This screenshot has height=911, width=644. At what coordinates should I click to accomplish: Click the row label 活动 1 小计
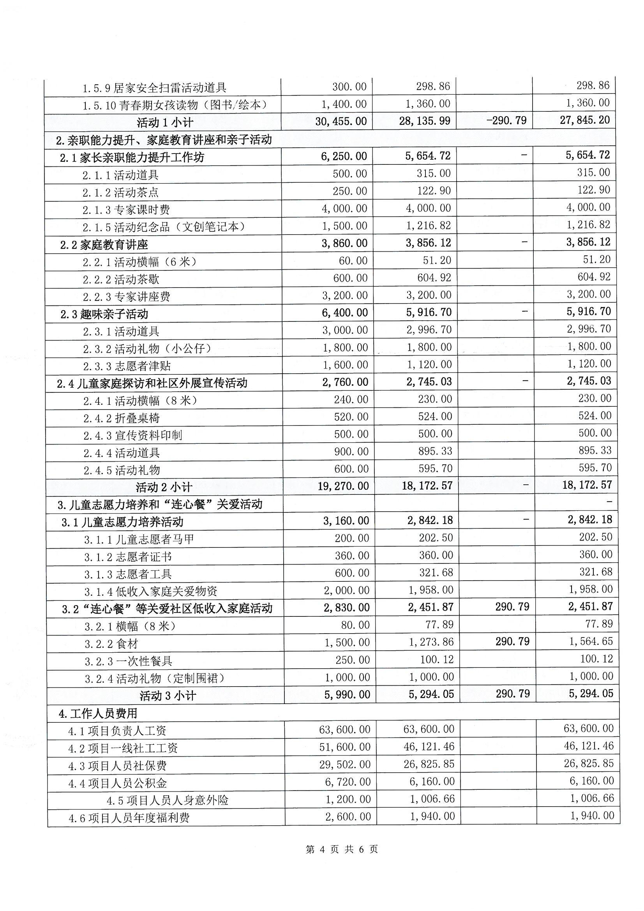[165, 122]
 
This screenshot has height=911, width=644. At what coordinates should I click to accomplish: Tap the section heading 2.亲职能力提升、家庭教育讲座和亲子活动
[164, 139]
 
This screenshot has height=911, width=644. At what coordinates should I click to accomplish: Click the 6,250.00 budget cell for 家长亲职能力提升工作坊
[344, 156]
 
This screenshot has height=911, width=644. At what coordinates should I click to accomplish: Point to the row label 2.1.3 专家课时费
[126, 210]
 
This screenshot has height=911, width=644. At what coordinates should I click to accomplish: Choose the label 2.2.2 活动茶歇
[121, 279]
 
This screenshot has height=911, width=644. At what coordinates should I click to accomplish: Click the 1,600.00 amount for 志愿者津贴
[346, 365]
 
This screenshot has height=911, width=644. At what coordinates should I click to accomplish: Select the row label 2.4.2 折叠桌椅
[122, 418]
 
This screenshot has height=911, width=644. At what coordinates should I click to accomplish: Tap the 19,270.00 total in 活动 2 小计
[343, 486]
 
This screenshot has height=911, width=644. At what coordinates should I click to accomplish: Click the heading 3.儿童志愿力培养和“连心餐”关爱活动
[160, 504]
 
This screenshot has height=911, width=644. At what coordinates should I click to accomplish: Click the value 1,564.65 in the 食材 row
[591, 642]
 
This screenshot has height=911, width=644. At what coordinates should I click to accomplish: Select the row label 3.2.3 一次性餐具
[128, 661]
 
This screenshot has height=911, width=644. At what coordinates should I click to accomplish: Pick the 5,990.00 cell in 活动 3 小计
[347, 695]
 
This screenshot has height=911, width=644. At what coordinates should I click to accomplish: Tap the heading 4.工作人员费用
[98, 713]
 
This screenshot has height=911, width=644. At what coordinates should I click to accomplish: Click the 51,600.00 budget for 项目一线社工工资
[345, 747]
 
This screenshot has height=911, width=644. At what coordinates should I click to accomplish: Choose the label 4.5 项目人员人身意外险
[168, 800]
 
